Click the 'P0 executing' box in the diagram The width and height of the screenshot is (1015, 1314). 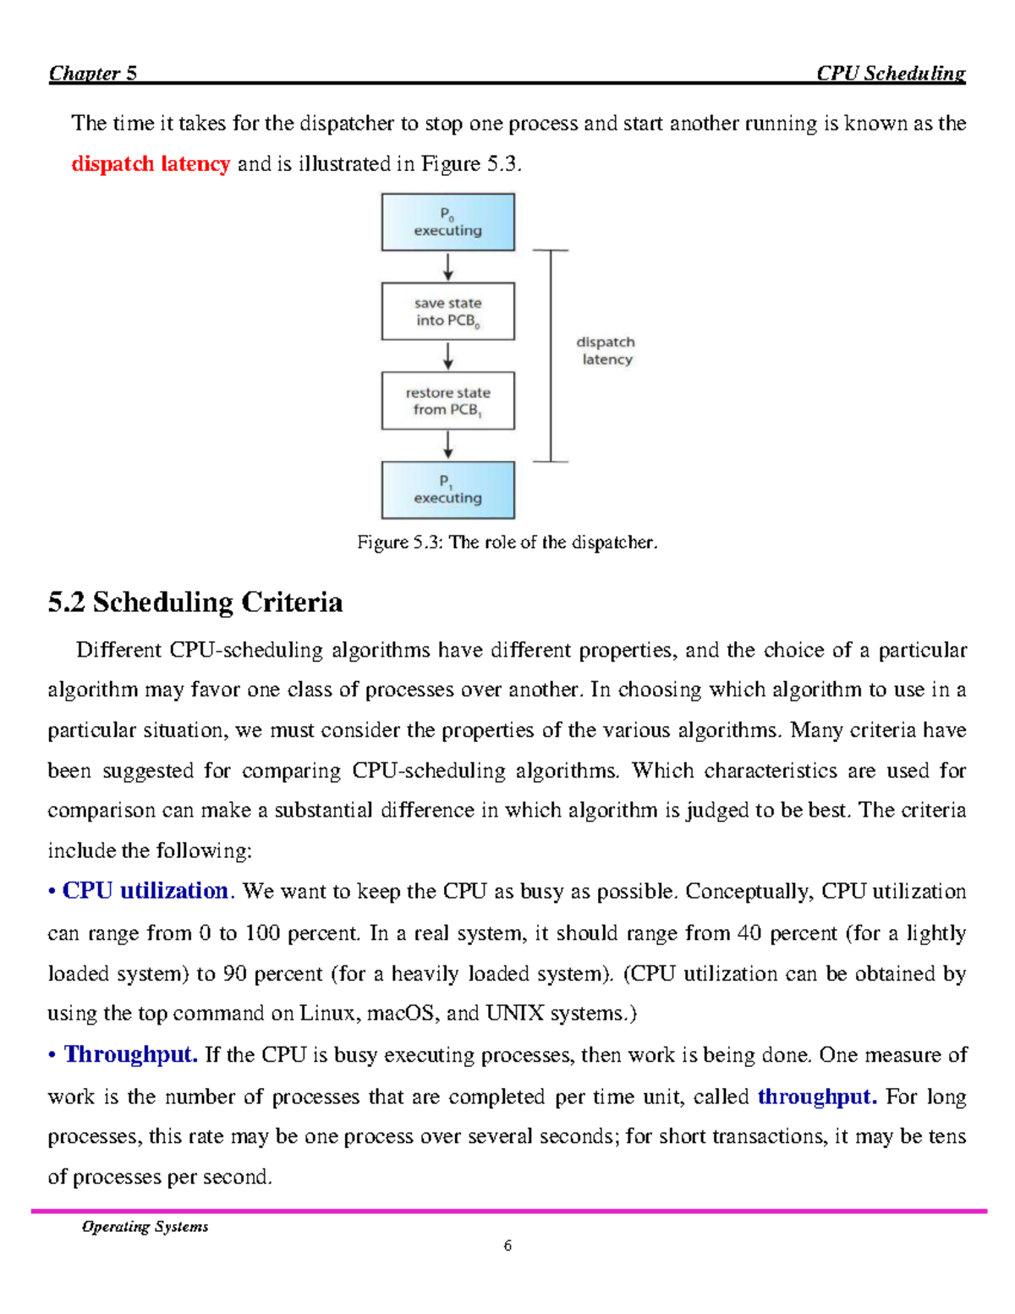tap(447, 223)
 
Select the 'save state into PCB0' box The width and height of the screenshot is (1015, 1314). tap(447, 311)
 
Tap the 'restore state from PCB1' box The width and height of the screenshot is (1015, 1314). tap(447, 401)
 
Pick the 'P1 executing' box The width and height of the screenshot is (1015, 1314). tap(447, 490)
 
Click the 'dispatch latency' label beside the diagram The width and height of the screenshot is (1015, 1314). tap(606, 350)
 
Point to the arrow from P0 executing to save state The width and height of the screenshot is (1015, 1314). tap(448, 267)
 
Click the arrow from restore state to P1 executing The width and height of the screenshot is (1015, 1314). tap(448, 445)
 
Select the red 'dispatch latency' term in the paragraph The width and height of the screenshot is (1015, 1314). tap(151, 163)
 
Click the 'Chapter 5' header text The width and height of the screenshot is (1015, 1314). tap(93, 73)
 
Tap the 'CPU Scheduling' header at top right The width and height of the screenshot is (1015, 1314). tap(891, 73)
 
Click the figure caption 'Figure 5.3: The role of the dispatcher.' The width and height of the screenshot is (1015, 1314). tap(507, 542)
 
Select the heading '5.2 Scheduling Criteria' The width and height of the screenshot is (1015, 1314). tap(195, 602)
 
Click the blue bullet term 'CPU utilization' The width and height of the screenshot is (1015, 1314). tap(145, 891)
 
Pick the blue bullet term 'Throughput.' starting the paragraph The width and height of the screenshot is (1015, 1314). tap(131, 1054)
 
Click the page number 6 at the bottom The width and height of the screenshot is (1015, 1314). tap(507, 1245)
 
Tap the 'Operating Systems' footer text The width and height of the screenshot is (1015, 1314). tap(145, 1226)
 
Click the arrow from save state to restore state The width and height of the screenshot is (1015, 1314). tap(448, 356)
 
